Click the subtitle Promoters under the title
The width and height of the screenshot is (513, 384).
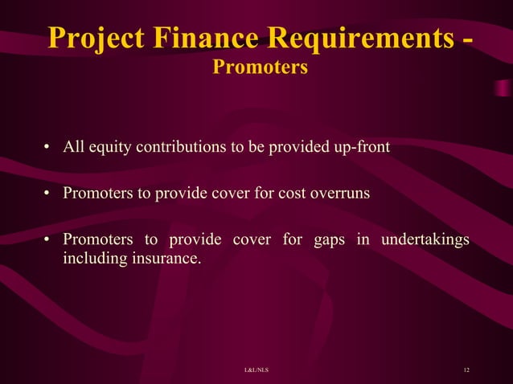pos(260,68)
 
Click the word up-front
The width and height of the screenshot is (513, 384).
pos(361,147)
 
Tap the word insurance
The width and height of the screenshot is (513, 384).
pos(163,259)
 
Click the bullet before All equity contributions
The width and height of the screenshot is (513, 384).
pos(48,148)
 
